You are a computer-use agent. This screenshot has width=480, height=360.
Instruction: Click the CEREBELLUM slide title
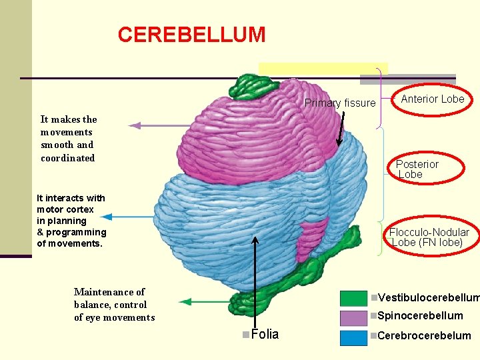(191, 35)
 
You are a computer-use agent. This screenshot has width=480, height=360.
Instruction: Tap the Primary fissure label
(340, 103)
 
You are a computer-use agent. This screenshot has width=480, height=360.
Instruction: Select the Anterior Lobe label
(432, 99)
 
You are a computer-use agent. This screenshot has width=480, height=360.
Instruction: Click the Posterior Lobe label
(417, 169)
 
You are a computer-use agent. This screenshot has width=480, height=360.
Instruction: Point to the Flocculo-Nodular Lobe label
(429, 237)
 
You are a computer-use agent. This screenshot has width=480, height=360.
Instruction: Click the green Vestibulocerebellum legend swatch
(353, 298)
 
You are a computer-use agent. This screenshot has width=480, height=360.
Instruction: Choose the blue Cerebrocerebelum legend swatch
(353, 337)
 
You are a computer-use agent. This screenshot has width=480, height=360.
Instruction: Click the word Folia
(265, 334)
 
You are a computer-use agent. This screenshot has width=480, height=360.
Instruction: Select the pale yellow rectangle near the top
(323, 69)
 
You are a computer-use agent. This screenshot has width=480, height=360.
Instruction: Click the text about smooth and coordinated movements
(68, 139)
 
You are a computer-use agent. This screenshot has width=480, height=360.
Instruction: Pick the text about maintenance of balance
(114, 305)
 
